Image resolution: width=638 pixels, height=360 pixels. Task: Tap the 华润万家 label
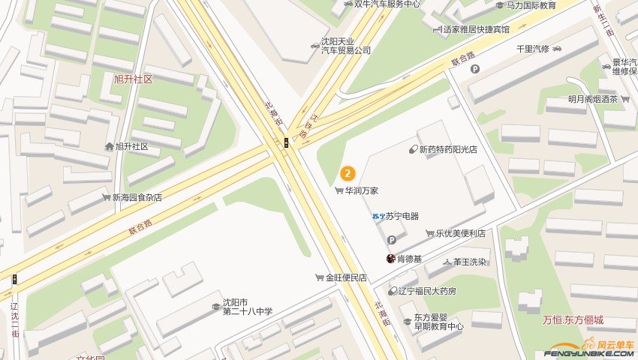coord(362,191)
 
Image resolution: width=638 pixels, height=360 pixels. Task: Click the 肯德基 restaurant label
coord(409,259)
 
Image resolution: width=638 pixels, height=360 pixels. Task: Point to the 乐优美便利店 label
coord(460,233)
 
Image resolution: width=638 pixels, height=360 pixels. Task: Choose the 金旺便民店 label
coord(345,277)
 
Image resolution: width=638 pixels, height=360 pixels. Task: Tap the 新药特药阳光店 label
coord(448,150)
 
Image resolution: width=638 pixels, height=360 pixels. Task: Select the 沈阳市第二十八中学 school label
coord(247,307)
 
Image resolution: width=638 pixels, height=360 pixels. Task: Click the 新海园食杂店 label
coord(137,197)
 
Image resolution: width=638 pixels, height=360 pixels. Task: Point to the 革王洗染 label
coord(469,262)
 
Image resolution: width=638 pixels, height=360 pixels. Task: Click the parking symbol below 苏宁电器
coord(391,240)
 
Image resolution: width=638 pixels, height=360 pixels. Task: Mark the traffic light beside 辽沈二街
coord(14,280)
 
